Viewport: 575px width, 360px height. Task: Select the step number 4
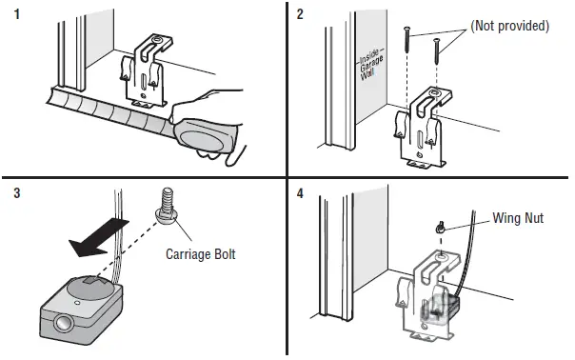tap(300, 192)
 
